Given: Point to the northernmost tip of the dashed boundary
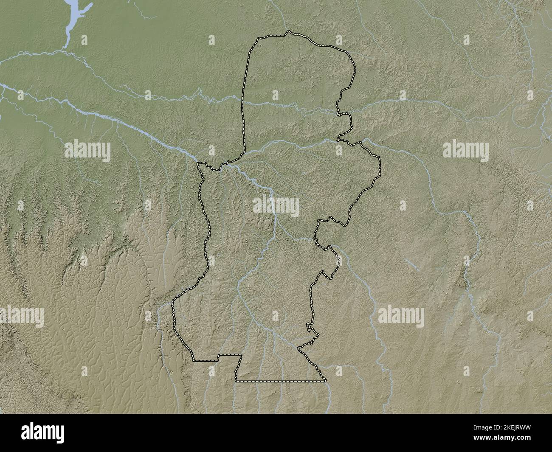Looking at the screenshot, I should (x=287, y=31).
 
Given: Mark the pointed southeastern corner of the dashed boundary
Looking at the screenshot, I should (x=326, y=381).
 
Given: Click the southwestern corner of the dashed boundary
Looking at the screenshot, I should (x=194, y=360).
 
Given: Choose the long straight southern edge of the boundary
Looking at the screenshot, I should (x=280, y=382).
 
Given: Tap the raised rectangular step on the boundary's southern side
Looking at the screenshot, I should (x=230, y=355).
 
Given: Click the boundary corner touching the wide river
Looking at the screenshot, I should (x=199, y=163).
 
